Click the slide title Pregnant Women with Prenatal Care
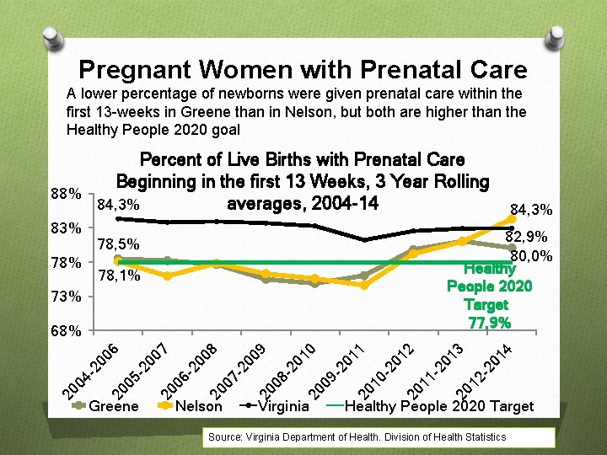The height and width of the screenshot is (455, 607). (303, 69)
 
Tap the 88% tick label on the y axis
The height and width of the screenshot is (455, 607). (65, 195)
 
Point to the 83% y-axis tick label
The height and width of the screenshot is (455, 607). (65, 228)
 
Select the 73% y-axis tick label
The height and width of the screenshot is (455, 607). (65, 297)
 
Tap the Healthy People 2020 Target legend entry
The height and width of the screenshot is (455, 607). (438, 407)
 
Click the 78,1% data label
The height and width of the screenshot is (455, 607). (119, 276)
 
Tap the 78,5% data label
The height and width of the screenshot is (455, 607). (119, 244)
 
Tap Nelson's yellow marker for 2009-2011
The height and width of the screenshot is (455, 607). (364, 285)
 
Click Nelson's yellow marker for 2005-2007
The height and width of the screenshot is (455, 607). (168, 276)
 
